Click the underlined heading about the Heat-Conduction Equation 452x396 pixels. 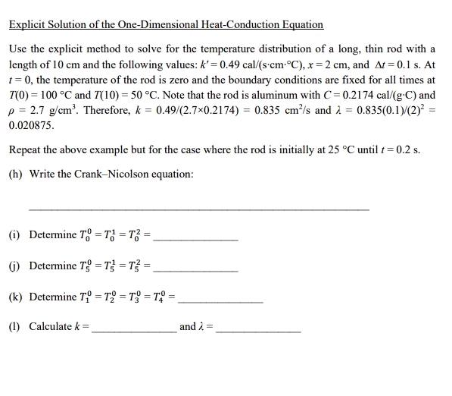[x=166, y=25]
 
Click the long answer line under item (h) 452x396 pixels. [x=198, y=209]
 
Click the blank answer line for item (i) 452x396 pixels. [x=195, y=239]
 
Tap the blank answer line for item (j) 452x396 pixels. [x=195, y=270]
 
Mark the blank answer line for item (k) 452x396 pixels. [x=220, y=301]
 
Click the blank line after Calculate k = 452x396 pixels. [x=133, y=332]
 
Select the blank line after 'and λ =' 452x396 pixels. [x=257, y=332]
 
